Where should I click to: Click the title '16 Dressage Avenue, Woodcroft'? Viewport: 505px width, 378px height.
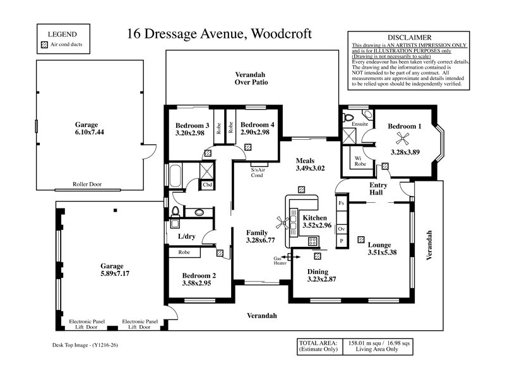coord(219,33)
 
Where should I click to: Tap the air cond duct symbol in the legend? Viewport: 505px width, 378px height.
coord(44,45)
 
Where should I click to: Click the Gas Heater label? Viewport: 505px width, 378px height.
coord(278,261)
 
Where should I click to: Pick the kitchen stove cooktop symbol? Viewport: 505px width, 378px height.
coord(312,241)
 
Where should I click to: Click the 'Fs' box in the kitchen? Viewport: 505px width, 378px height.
coord(342,203)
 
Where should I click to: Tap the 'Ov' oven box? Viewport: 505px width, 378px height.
coord(342,229)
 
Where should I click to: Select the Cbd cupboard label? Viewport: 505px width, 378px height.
coord(207,185)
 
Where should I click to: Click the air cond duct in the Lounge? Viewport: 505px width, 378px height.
coord(360,239)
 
